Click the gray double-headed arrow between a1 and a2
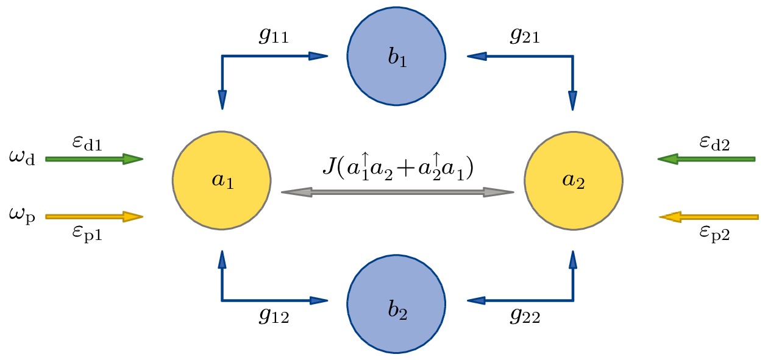point(397,192)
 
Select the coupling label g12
point(272,317)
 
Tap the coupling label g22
point(524,317)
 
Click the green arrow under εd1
point(94,160)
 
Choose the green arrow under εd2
point(707,160)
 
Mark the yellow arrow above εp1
point(94,216)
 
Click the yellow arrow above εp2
point(709,216)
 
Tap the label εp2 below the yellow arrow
point(714,233)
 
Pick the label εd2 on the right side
point(714,144)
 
